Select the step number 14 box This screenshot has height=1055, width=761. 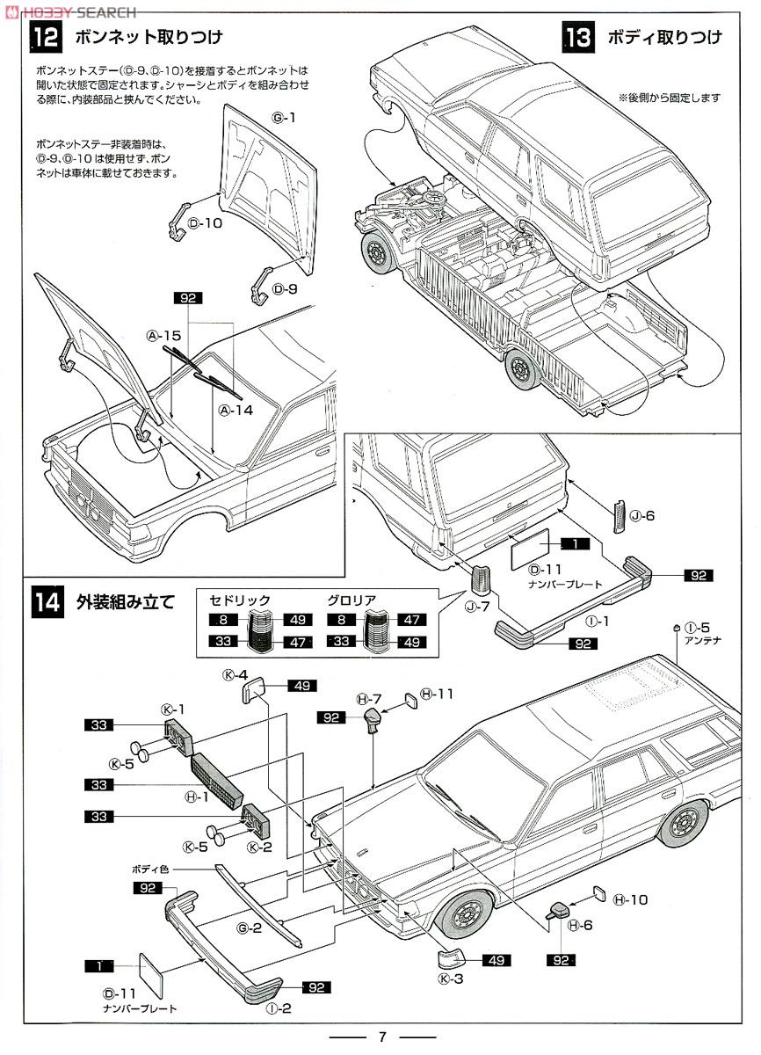[x=47, y=603]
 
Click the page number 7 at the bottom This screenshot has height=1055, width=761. [x=381, y=1035]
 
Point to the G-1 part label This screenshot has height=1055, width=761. [x=284, y=117]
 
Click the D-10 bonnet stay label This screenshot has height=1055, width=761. [x=206, y=222]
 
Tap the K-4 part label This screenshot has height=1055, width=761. [x=236, y=675]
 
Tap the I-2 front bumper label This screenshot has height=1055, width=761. [x=279, y=1008]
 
